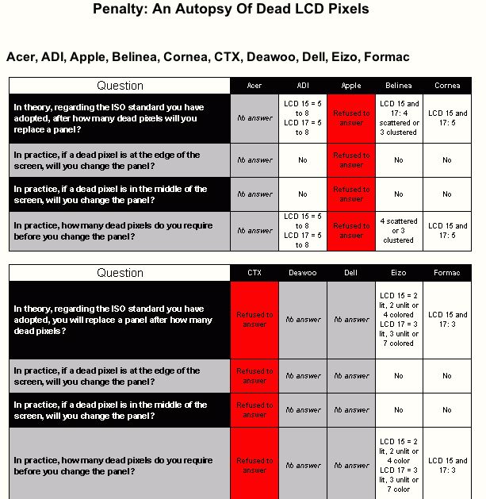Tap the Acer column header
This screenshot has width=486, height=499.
click(254, 86)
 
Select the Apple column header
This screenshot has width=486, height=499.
click(350, 86)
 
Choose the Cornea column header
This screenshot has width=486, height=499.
click(447, 86)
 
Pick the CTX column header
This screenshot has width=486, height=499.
click(254, 273)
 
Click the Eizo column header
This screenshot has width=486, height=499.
click(398, 273)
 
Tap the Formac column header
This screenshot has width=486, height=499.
click(447, 273)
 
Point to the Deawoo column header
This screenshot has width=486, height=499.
click(302, 273)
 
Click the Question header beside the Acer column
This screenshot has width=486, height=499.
click(120, 86)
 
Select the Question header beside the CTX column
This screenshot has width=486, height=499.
click(120, 273)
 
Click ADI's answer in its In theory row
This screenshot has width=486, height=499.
click(302, 118)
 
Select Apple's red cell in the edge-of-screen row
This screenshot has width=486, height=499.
click(350, 159)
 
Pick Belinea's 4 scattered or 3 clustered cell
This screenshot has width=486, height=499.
click(398, 231)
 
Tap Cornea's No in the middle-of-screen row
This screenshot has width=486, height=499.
click(447, 194)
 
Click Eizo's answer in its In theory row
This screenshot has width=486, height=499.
click(398, 320)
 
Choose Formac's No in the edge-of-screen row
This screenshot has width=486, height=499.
click(447, 376)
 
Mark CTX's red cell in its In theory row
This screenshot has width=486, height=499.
click(254, 320)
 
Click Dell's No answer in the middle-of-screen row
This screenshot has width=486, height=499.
click(350, 410)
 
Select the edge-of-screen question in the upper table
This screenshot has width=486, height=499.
click(107, 159)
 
